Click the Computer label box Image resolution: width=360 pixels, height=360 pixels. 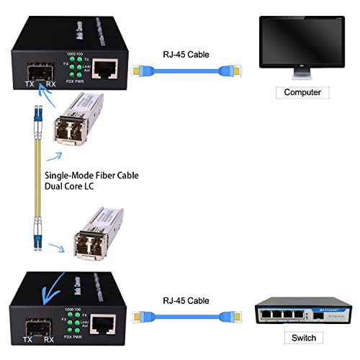pyautogui.click(x=302, y=92)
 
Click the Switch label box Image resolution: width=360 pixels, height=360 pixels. pyautogui.click(x=302, y=338)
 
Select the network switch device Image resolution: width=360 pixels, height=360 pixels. pyautogui.click(x=303, y=307)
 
